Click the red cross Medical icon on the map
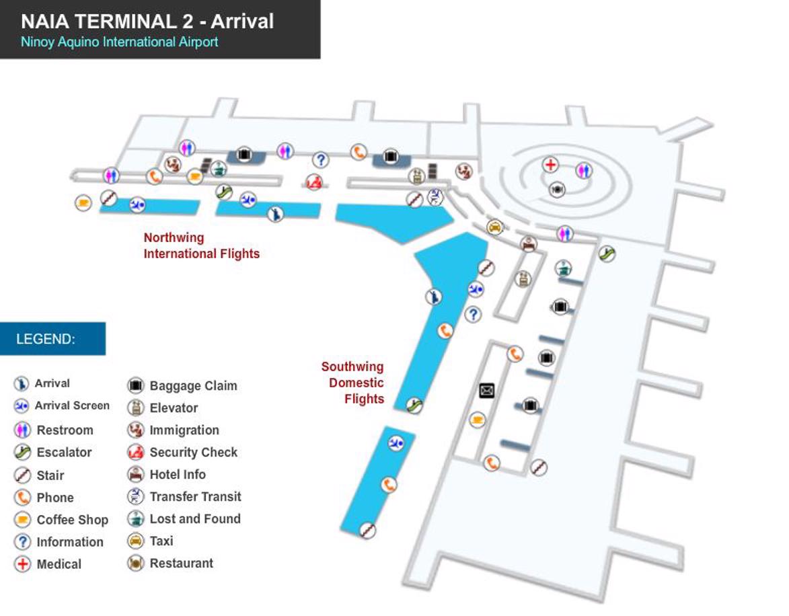[550, 165]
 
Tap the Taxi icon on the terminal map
[495, 227]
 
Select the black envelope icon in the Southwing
[487, 391]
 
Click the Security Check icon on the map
[313, 182]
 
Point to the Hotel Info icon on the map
[529, 243]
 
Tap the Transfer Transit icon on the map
[435, 196]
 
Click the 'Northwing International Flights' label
[201, 245]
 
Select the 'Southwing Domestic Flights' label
[352, 383]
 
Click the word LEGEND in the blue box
[46, 339]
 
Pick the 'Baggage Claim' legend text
[193, 386]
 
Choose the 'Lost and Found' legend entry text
[194, 519]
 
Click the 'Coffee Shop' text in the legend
[72, 520]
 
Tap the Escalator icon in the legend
[22, 453]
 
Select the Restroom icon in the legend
[22, 430]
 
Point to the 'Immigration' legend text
[184, 430]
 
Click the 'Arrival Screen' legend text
[72, 406]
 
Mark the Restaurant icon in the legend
[136, 564]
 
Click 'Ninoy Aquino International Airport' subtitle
[120, 42]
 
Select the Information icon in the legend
[22, 542]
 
